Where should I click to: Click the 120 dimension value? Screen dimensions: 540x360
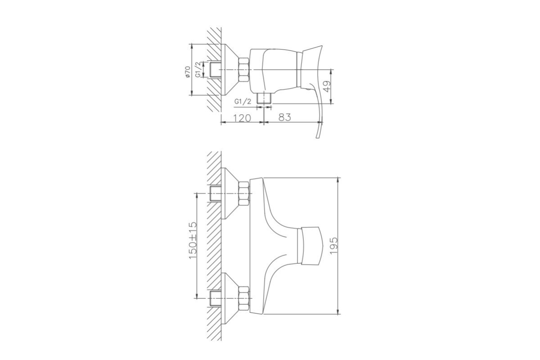(242, 118)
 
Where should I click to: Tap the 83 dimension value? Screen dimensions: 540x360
(285, 117)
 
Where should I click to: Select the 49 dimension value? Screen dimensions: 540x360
(327, 86)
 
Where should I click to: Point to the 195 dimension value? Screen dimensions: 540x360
(334, 246)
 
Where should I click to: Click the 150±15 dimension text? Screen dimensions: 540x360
(193, 241)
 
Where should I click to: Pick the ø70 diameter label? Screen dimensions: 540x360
(188, 72)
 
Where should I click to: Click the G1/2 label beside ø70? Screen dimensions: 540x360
(198, 69)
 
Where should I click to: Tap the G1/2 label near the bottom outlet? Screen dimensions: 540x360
(243, 102)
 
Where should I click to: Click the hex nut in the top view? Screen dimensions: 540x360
(243, 70)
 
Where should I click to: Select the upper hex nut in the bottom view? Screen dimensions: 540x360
(244, 193)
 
